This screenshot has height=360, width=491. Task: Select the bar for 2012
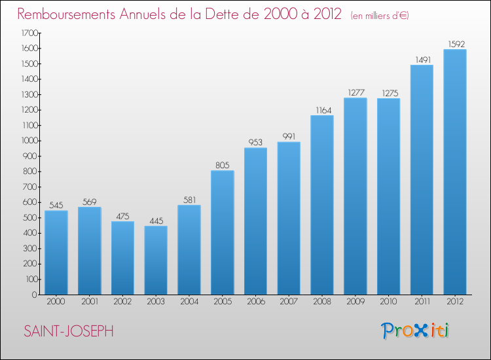[x=454, y=171]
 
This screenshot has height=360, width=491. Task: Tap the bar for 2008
[x=321, y=205]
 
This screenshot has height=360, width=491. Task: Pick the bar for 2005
[x=222, y=232]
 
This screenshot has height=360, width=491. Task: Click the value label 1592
[x=454, y=44]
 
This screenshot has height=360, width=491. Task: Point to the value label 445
[x=156, y=221]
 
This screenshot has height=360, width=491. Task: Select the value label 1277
[x=355, y=92]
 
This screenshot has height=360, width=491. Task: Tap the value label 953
[x=255, y=142]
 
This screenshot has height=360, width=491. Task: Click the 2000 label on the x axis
[x=56, y=302]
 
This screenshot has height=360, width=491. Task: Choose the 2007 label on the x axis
[x=289, y=302]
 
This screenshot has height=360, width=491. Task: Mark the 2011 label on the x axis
[x=422, y=302]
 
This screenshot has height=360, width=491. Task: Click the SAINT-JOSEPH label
[x=68, y=331]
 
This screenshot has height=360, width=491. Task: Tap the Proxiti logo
[x=415, y=331]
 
